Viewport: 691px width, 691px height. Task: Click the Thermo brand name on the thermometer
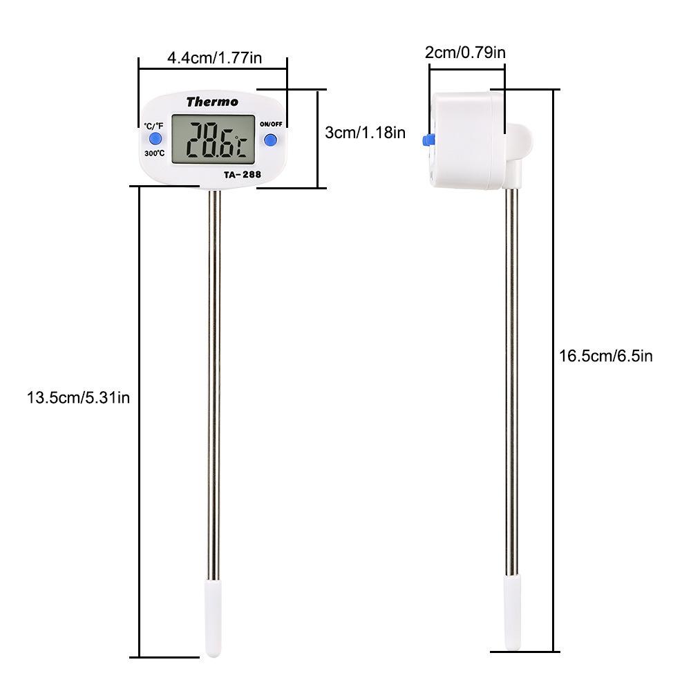pos(212,102)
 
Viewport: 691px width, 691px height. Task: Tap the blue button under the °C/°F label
pos(155,139)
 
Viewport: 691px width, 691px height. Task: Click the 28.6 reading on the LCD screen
pos(210,140)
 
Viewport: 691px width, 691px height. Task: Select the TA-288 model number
pos(243,175)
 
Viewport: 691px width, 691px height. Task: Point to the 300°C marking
pos(154,153)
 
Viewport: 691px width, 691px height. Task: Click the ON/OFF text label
pos(271,124)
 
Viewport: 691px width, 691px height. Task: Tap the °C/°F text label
pos(153,126)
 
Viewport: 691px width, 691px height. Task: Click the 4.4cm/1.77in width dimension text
pos(215,58)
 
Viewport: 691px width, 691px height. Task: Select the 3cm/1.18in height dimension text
pos(365,132)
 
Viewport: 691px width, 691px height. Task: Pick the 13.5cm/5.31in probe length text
pos(79,397)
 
